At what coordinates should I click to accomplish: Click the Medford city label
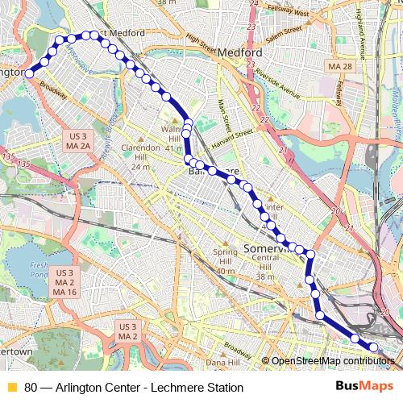coord(241,51)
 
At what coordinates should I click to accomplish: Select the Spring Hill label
coord(226,258)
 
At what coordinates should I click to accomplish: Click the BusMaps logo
coord(364,388)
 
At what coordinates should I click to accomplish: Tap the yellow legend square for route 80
coord(11,388)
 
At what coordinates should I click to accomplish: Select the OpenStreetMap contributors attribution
coord(333,361)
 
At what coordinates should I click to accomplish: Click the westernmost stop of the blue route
coord(29,73)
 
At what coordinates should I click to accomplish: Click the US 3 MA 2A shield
coord(77,139)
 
